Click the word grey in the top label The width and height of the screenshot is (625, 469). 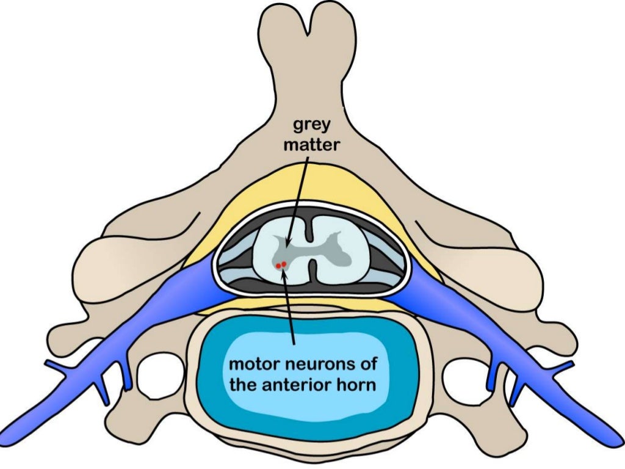coord(312,126)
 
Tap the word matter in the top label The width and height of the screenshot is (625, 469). coord(312,146)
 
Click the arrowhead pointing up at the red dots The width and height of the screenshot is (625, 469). coord(283,272)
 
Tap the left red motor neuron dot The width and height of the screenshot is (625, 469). coord(279,266)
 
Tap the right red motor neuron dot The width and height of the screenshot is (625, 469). coord(284,264)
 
